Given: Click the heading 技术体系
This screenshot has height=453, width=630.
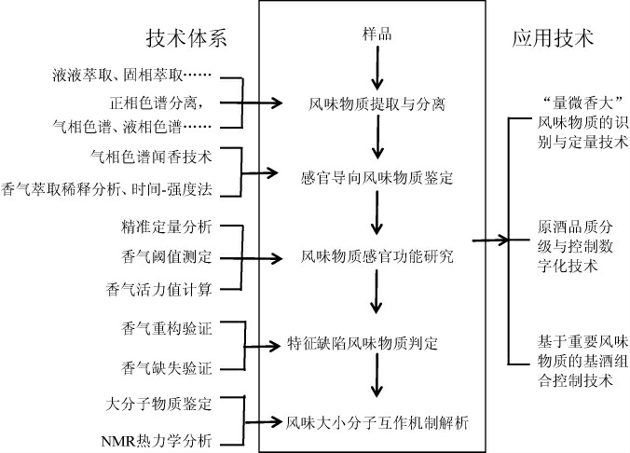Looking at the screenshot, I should pyautogui.click(x=186, y=38).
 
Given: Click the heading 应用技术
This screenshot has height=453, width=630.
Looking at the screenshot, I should pyautogui.click(x=553, y=38).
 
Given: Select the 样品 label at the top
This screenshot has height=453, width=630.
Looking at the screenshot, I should pyautogui.click(x=377, y=35).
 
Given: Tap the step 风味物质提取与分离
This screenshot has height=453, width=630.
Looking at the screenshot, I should pyautogui.click(x=376, y=104).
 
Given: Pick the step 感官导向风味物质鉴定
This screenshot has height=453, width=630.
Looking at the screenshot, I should pyautogui.click(x=376, y=174).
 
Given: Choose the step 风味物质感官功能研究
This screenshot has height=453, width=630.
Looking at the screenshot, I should pyautogui.click(x=377, y=255).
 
